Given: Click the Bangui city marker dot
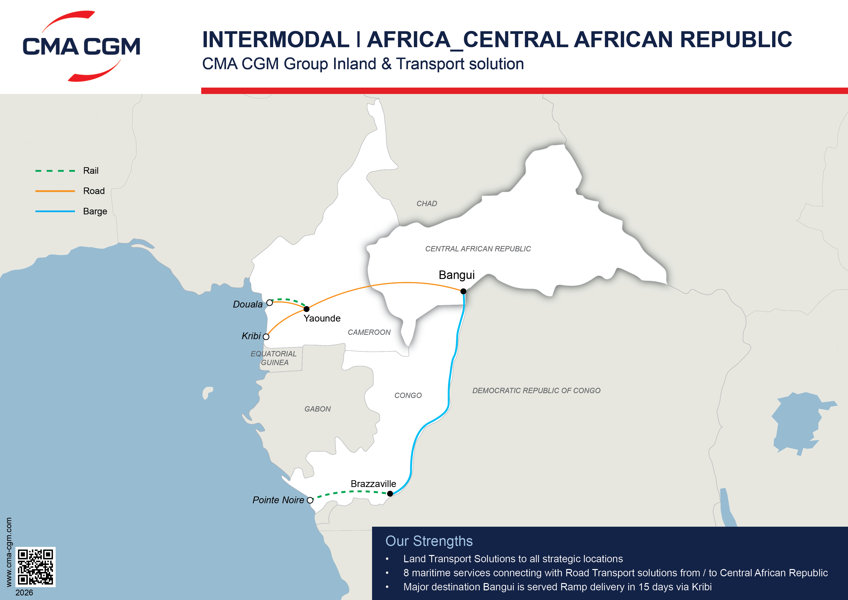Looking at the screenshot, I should (x=463, y=291).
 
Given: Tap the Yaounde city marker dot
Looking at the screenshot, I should (x=307, y=309).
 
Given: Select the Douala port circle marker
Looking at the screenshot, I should (x=270, y=302).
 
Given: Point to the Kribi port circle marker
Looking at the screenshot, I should (x=266, y=337).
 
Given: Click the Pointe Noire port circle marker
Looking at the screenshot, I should (x=310, y=500).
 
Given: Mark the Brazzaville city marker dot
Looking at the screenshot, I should (x=390, y=494).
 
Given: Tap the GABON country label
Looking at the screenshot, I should (x=317, y=409).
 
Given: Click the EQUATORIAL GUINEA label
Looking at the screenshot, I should (x=274, y=358).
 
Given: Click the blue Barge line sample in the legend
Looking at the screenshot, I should (x=55, y=211).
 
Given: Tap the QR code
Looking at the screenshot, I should (x=36, y=567).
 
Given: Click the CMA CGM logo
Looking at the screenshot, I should (x=81, y=46).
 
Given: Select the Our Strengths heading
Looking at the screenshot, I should (x=429, y=541).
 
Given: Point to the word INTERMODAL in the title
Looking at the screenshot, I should (x=276, y=39).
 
